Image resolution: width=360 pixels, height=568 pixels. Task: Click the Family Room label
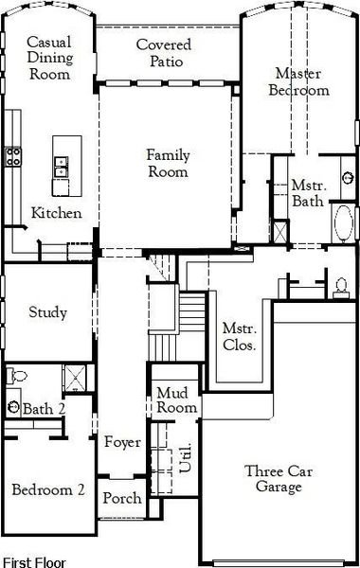click(x=168, y=164)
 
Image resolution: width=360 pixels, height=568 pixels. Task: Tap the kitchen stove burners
click(x=13, y=156)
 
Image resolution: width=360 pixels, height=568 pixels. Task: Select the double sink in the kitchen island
click(x=61, y=167)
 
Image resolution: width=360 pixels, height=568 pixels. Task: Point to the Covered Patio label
click(x=164, y=53)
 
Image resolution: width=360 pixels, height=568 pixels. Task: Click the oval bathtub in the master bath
click(x=344, y=222)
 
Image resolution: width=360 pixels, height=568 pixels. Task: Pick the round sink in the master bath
click(x=348, y=178)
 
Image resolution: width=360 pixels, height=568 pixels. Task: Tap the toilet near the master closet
click(x=340, y=288)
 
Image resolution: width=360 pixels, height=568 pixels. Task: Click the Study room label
click(x=48, y=312)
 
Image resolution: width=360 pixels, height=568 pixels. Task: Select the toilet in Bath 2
click(x=17, y=376)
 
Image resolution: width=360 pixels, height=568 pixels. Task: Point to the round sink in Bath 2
click(x=14, y=406)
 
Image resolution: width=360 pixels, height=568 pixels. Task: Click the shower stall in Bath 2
click(x=75, y=378)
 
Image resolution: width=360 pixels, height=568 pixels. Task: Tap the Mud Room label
click(x=176, y=399)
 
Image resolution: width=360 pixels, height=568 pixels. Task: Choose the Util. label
click(x=186, y=457)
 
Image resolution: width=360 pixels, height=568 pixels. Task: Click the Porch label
click(x=122, y=498)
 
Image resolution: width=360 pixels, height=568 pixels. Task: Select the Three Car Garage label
click(x=279, y=479)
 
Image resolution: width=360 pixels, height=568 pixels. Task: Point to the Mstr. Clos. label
click(x=240, y=336)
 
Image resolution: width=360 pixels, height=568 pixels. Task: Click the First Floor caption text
click(x=34, y=562)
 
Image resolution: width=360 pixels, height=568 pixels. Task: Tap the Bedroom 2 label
click(x=48, y=489)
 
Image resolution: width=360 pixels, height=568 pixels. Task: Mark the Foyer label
click(x=122, y=441)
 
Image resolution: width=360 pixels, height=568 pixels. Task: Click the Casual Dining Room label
click(x=50, y=58)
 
